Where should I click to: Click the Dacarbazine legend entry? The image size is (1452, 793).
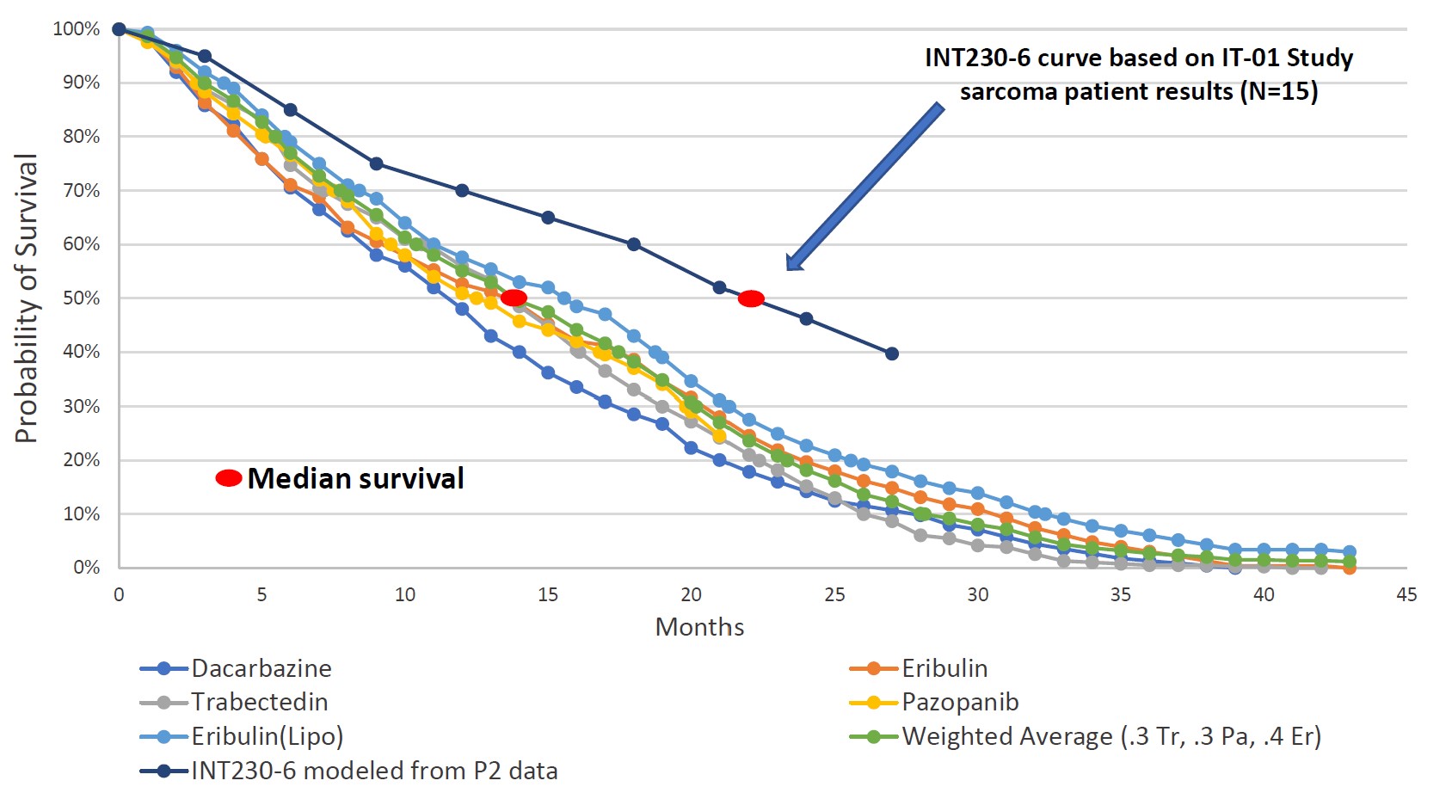click(x=261, y=668)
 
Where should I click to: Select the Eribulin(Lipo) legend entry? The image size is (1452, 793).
click(x=267, y=736)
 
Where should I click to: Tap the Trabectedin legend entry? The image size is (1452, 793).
click(x=259, y=702)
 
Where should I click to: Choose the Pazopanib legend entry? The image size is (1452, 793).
click(x=959, y=702)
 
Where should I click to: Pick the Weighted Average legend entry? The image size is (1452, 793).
click(x=1111, y=736)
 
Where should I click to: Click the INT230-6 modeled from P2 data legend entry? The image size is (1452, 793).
click(x=374, y=771)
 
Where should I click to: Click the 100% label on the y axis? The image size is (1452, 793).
click(x=77, y=29)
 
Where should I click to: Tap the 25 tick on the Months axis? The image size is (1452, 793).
click(x=834, y=594)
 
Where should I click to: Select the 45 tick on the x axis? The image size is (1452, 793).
click(x=1406, y=594)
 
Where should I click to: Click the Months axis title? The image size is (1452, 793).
click(x=699, y=627)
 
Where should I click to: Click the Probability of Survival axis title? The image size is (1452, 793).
click(x=27, y=298)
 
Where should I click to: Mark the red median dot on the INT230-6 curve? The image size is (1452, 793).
click(x=751, y=298)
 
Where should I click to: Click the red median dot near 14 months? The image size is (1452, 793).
click(x=514, y=298)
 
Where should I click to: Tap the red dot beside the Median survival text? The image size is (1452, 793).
click(x=229, y=478)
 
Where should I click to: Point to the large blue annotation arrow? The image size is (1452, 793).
click(x=864, y=187)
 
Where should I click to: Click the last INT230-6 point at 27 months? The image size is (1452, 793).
click(x=892, y=353)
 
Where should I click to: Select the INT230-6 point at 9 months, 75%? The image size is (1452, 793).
click(x=376, y=163)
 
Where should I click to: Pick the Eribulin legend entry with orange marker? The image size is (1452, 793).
click(x=944, y=668)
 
